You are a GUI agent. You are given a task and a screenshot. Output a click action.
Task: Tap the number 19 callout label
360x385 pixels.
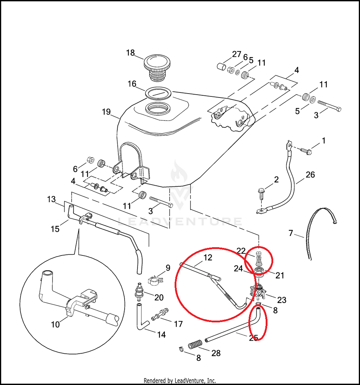(x=106, y=112)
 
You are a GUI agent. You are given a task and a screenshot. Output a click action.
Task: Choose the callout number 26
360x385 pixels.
(x=310, y=175)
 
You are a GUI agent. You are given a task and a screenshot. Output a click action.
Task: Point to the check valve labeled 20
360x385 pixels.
(x=139, y=292)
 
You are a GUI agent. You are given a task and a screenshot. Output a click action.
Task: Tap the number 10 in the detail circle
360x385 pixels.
(x=55, y=325)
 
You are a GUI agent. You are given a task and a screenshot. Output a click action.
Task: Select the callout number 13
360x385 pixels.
(x=51, y=199)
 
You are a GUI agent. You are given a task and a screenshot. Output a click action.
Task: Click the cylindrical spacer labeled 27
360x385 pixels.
(x=221, y=66)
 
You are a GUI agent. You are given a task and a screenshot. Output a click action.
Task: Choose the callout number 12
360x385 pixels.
(x=208, y=257)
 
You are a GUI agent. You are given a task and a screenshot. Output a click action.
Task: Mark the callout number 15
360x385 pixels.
(x=55, y=229)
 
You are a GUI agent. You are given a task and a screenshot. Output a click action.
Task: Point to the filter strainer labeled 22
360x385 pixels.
(x=259, y=258)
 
